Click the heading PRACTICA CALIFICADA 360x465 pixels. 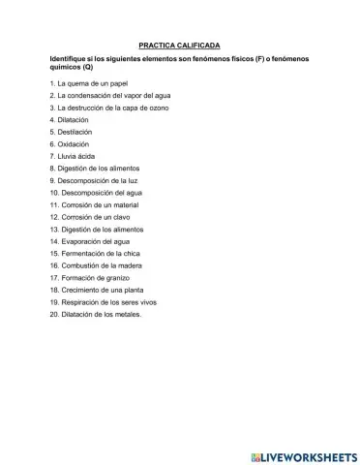179,46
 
